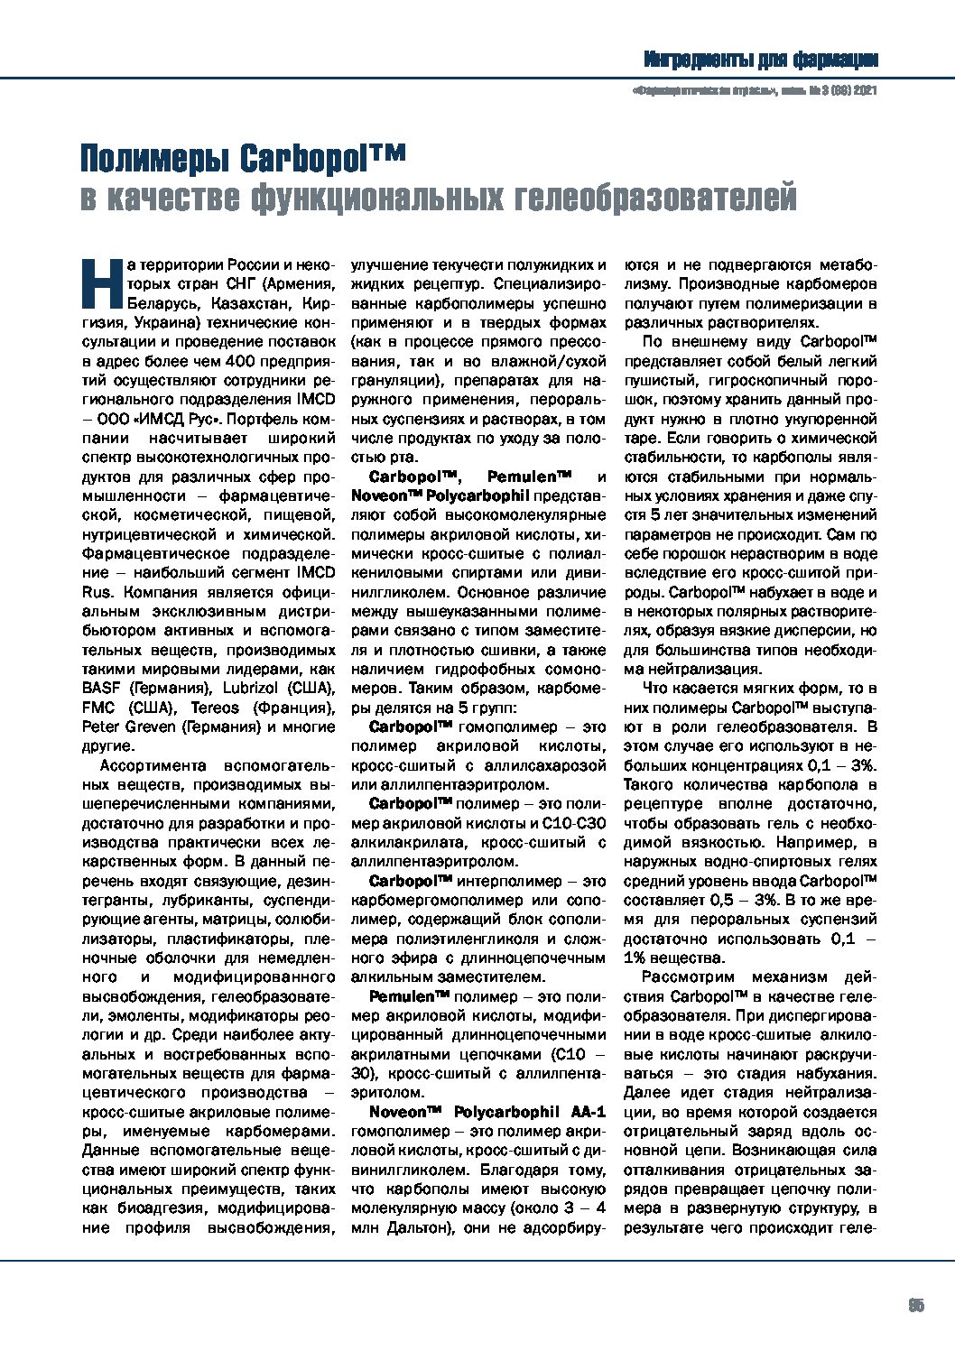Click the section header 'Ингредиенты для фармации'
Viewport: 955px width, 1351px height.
point(761,60)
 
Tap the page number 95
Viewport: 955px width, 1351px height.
point(915,1305)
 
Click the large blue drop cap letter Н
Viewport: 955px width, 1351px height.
point(102,282)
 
